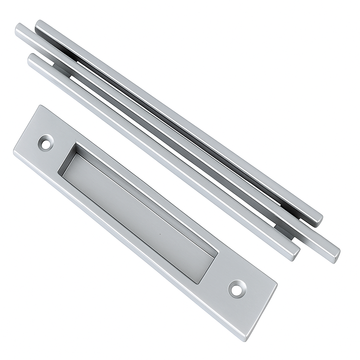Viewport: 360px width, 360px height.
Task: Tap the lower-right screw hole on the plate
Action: point(237,289)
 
